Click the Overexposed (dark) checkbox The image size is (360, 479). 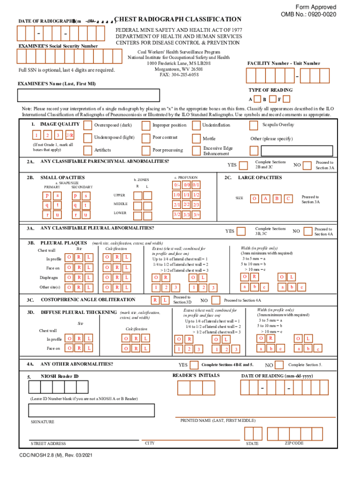pyautogui.click(x=87, y=125)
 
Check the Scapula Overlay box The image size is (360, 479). pyautogui.click(x=253, y=125)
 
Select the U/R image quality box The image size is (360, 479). pyautogui.click(x=70, y=136)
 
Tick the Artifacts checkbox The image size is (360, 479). pyautogui.click(x=87, y=150)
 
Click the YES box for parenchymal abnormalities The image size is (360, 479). pyautogui.click(x=243, y=165)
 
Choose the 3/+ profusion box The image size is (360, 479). pyautogui.click(x=196, y=214)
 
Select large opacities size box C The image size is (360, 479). pyautogui.click(x=288, y=198)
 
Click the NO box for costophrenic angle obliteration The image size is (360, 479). pyautogui.click(x=216, y=300)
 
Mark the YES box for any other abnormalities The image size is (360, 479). pyautogui.click(x=194, y=364)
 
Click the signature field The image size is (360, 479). pyautogui.click(x=91, y=410)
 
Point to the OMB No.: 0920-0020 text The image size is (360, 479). pyautogui.click(x=308, y=15)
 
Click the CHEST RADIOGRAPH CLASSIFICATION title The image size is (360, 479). pyautogui.click(x=178, y=19)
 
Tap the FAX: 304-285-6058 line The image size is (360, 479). pyautogui.click(x=179, y=74)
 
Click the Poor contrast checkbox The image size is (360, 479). pyautogui.click(x=146, y=138)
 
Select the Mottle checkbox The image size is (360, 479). pyautogui.click(x=196, y=138)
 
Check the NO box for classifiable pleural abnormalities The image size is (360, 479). pyautogui.click(x=307, y=231)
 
